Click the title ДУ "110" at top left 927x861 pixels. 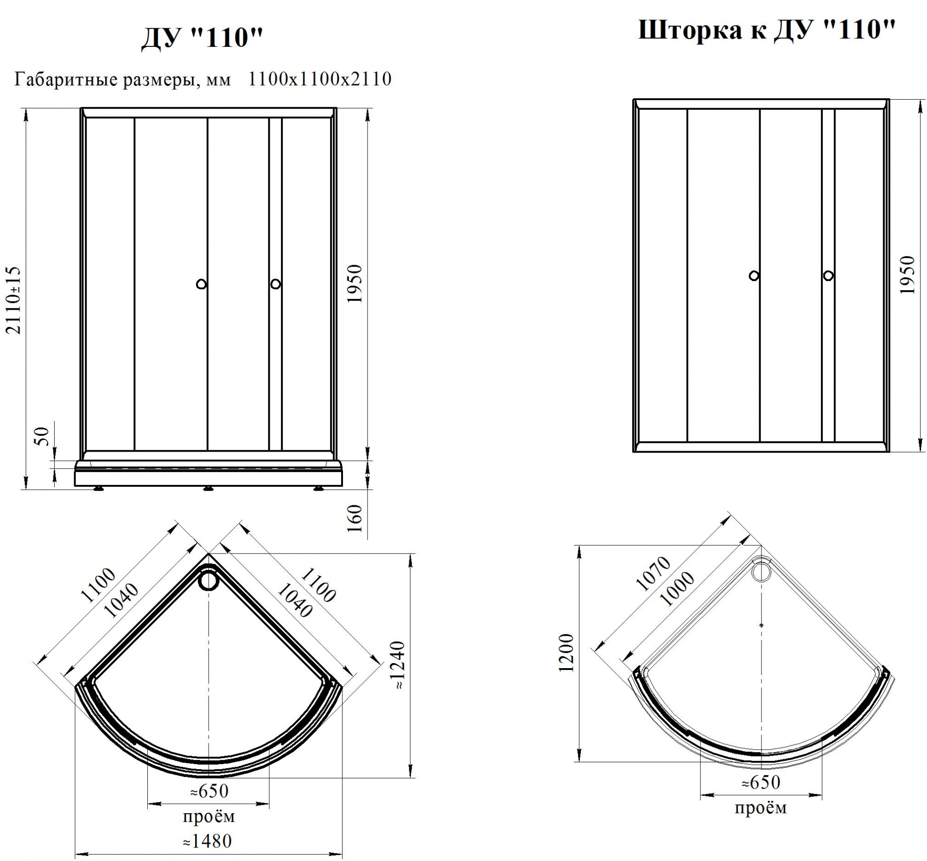(x=202, y=38)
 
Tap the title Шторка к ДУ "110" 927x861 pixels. (x=766, y=31)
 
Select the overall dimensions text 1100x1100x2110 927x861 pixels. (x=319, y=79)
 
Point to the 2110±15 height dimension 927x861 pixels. (x=13, y=300)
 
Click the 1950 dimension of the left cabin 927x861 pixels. (x=355, y=283)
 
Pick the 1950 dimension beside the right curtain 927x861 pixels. (x=907, y=274)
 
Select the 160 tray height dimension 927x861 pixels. (x=355, y=518)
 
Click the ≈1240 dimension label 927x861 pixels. (x=399, y=665)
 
